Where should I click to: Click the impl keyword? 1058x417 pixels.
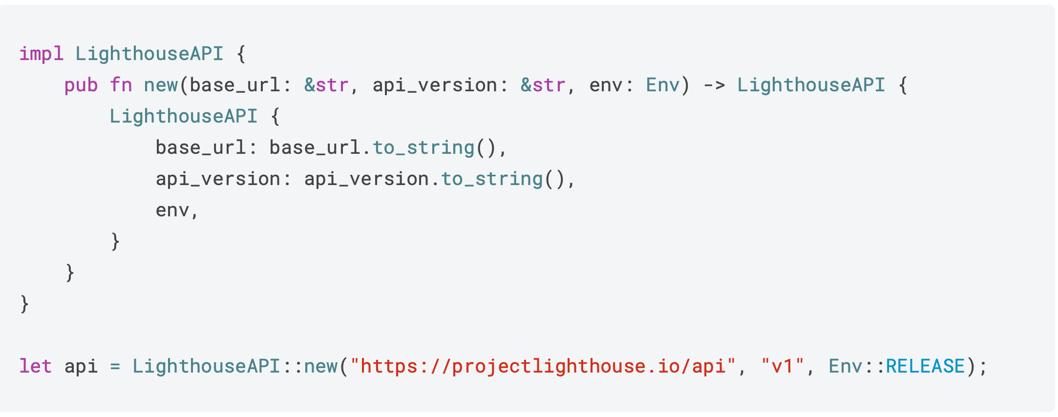pyautogui.click(x=41, y=54)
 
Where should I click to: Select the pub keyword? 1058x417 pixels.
pyautogui.click(x=81, y=85)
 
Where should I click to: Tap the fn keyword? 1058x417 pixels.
pyautogui.click(x=121, y=85)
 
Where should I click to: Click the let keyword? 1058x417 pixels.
pyautogui.click(x=35, y=366)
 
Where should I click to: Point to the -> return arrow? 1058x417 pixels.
pyautogui.click(x=714, y=85)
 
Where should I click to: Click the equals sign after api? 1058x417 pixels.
pyautogui.click(x=115, y=366)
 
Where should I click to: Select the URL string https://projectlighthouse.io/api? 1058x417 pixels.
pyautogui.click(x=543, y=366)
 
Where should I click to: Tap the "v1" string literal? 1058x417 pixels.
pyautogui.click(x=782, y=366)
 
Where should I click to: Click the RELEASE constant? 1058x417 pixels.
pyautogui.click(x=925, y=366)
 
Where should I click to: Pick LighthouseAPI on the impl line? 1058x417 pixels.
pyautogui.click(x=149, y=54)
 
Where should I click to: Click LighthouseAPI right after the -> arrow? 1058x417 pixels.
pyautogui.click(x=811, y=85)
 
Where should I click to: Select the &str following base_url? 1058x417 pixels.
pyautogui.click(x=326, y=85)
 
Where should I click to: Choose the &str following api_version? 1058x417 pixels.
pyautogui.click(x=543, y=85)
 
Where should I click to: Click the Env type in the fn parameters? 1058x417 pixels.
pyautogui.click(x=662, y=85)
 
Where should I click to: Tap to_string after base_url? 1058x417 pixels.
pyautogui.click(x=423, y=147)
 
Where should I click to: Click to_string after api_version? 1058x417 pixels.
pyautogui.click(x=492, y=179)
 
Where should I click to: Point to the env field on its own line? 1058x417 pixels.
pyautogui.click(x=172, y=210)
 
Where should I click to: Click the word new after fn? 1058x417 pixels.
pyautogui.click(x=161, y=85)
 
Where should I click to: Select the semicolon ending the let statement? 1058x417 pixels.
pyautogui.click(x=983, y=366)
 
